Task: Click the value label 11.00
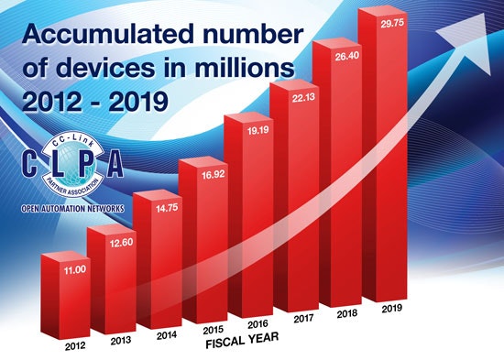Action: [x=61, y=270]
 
